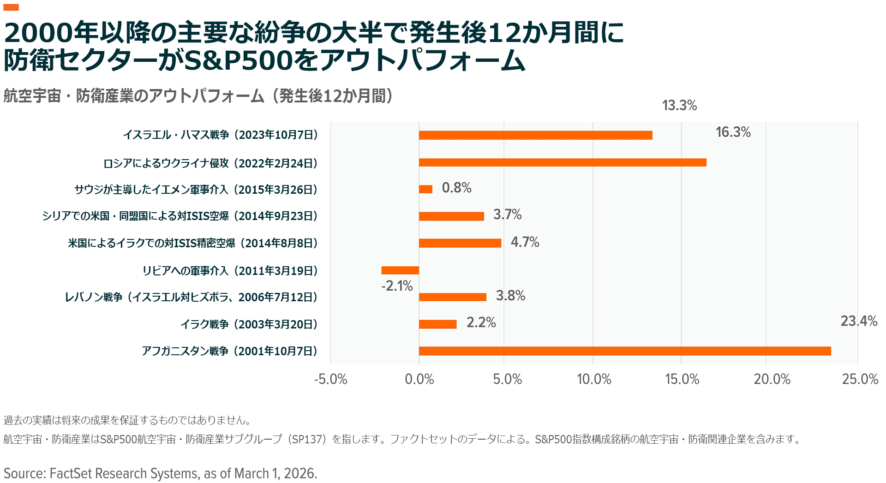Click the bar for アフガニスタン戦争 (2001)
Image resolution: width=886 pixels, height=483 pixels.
(x=625, y=351)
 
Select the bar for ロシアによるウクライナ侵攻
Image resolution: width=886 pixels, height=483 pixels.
(x=563, y=162)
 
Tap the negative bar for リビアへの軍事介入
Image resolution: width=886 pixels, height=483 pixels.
(x=400, y=270)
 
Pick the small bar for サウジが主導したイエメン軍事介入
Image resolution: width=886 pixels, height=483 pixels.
(x=425, y=189)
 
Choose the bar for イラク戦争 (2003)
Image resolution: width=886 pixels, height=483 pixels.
(x=437, y=324)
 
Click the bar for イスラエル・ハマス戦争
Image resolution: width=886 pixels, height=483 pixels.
(x=535, y=135)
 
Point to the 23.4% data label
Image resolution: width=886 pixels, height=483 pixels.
(x=858, y=321)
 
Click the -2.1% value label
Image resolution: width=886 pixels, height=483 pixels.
(x=397, y=286)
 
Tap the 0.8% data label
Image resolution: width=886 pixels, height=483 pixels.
(x=456, y=188)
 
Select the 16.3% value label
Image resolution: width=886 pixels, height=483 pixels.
(x=733, y=132)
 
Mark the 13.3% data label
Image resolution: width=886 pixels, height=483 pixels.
(x=679, y=106)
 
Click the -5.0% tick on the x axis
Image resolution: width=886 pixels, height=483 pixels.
(x=330, y=379)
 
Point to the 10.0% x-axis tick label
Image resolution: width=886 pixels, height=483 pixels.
(x=594, y=379)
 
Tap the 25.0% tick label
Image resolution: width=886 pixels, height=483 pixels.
(x=860, y=379)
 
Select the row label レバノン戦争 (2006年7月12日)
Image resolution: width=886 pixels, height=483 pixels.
(x=191, y=297)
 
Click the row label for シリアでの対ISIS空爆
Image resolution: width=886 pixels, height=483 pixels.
(x=180, y=216)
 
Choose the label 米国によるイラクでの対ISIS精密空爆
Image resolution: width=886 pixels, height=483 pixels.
(x=193, y=243)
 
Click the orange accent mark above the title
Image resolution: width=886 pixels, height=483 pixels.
(x=11, y=7)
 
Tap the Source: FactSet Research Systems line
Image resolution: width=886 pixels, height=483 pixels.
(x=160, y=473)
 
